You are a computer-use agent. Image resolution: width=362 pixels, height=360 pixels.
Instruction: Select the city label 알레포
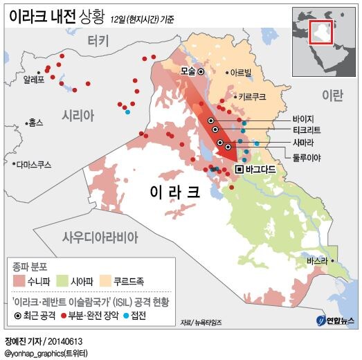tap(33, 79)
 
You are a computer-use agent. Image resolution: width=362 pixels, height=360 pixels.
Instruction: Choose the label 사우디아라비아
tap(100, 236)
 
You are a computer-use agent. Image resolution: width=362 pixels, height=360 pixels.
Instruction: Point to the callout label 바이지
tap(304, 118)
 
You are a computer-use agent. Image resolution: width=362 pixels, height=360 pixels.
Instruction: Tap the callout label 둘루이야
tap(307, 156)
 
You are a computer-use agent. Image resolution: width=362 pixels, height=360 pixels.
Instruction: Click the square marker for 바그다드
tap(239, 169)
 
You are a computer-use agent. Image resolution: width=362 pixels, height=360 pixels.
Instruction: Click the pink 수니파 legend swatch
tap(19, 281)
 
